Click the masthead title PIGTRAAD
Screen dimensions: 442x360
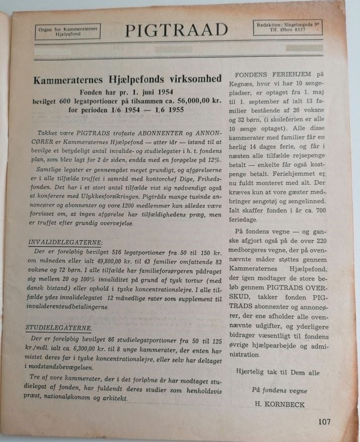coord(176,31)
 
